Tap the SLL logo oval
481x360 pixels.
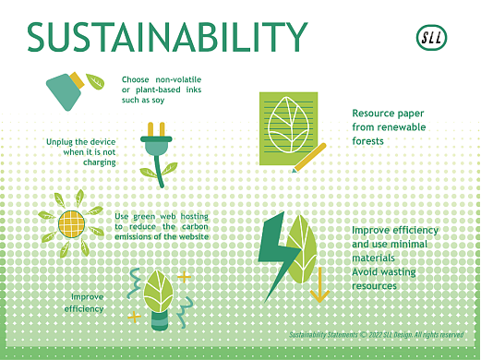[x=432, y=39]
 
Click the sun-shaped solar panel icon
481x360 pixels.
[x=70, y=222]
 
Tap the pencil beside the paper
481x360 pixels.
[x=308, y=157]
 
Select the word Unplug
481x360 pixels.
[x=61, y=141]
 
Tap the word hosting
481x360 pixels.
[x=191, y=216]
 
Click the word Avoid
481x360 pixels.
[x=367, y=273]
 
